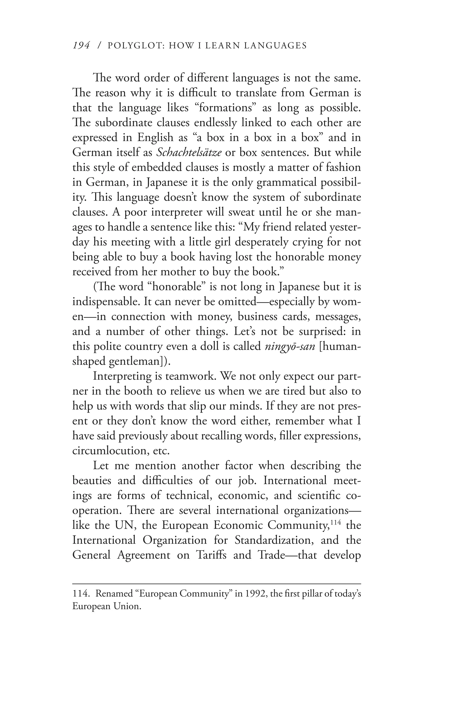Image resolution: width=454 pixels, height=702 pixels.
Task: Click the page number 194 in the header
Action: click(x=81, y=46)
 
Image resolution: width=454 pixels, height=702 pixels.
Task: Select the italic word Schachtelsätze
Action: click(x=189, y=152)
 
